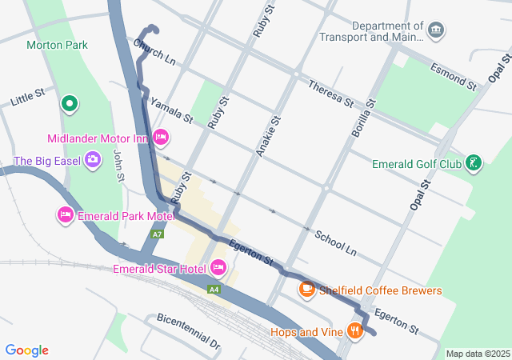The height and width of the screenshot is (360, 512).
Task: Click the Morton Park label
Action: (x=57, y=46)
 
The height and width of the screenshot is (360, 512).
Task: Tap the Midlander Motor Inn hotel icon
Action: (x=160, y=138)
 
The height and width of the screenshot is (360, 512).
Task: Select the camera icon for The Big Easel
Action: (x=93, y=160)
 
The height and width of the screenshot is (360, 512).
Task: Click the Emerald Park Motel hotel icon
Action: (x=66, y=214)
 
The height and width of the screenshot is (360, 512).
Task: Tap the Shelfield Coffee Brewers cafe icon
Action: (x=306, y=290)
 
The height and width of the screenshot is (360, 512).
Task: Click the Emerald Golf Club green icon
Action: (x=474, y=164)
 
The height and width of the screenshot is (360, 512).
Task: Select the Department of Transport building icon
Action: (x=436, y=30)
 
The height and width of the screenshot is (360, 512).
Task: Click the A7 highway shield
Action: (x=158, y=234)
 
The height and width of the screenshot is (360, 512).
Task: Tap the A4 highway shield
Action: (x=214, y=289)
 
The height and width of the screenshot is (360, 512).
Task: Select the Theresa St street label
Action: (x=330, y=92)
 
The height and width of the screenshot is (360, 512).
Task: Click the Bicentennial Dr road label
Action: (x=188, y=331)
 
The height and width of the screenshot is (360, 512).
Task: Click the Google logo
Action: (x=27, y=350)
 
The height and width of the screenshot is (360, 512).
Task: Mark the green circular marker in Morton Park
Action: (x=70, y=102)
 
